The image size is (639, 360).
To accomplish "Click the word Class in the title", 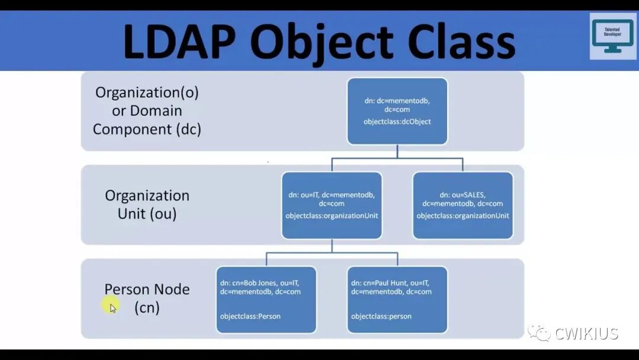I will point(456,41).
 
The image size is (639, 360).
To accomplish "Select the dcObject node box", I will point(397,111).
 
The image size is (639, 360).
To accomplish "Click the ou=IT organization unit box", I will point(331,205).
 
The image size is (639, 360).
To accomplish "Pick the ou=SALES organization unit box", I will point(463,205).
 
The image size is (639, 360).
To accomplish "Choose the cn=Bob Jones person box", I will point(266,300).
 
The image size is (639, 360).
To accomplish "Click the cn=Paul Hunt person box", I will point(397,300).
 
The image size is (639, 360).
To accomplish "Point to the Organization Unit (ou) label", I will point(147,204).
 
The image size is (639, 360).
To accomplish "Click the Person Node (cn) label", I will point(147,298).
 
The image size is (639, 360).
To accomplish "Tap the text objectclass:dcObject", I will point(397,122).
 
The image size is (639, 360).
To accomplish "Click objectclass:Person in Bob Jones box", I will point(250,316).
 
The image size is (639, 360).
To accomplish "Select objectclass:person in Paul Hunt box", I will point(381,316).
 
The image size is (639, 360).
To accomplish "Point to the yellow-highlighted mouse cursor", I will point(111,306).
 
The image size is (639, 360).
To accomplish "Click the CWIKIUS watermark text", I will point(586,333).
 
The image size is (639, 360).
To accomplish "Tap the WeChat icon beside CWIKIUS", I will point(540,333).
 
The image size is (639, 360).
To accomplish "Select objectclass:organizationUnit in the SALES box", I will point(463,216).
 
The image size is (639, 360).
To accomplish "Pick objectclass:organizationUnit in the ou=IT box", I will point(331,216).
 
